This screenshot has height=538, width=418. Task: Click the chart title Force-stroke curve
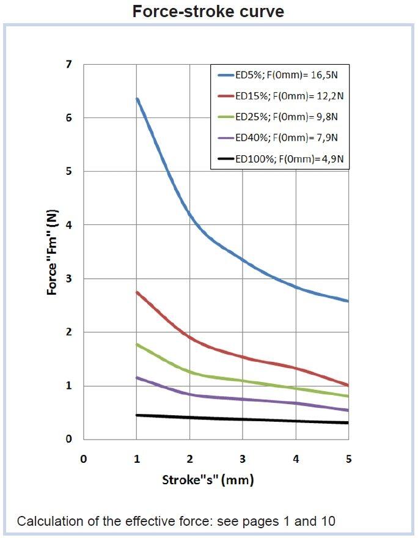[208, 11]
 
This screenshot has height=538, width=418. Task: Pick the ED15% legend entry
[282, 96]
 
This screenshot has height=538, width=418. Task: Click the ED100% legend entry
[282, 159]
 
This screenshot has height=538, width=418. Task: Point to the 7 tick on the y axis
[68, 64]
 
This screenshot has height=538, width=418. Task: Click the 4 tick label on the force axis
[68, 225]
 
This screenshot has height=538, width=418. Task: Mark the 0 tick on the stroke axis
[84, 459]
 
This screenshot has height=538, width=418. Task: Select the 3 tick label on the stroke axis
[243, 459]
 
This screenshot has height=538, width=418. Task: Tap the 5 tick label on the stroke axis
[348, 459]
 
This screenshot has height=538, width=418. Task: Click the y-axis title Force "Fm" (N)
[53, 252]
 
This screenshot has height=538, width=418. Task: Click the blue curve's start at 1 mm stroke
[137, 99]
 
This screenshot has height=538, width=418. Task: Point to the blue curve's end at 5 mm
[348, 301]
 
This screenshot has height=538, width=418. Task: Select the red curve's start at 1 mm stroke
[137, 292]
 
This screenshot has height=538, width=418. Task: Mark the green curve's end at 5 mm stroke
[348, 396]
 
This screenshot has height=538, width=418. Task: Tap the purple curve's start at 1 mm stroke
[137, 377]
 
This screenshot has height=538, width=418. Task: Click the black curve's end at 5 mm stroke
[348, 422]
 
